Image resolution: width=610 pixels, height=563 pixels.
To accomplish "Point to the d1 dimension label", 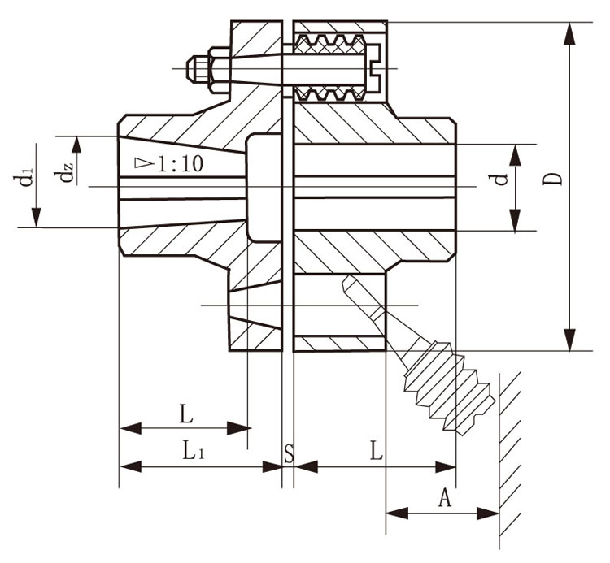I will pos(27,177).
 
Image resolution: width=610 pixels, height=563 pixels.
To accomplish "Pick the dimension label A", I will pos(445,498).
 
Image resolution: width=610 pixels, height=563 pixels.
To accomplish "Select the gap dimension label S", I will pos(288,453).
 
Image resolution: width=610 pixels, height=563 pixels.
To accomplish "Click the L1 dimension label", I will pos(193,453).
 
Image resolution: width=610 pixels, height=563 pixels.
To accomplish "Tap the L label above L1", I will pos(186,415).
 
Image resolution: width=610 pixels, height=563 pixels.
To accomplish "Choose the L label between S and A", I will pos(376,453).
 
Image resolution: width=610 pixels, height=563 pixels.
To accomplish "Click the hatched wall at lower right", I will pos(511,455).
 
